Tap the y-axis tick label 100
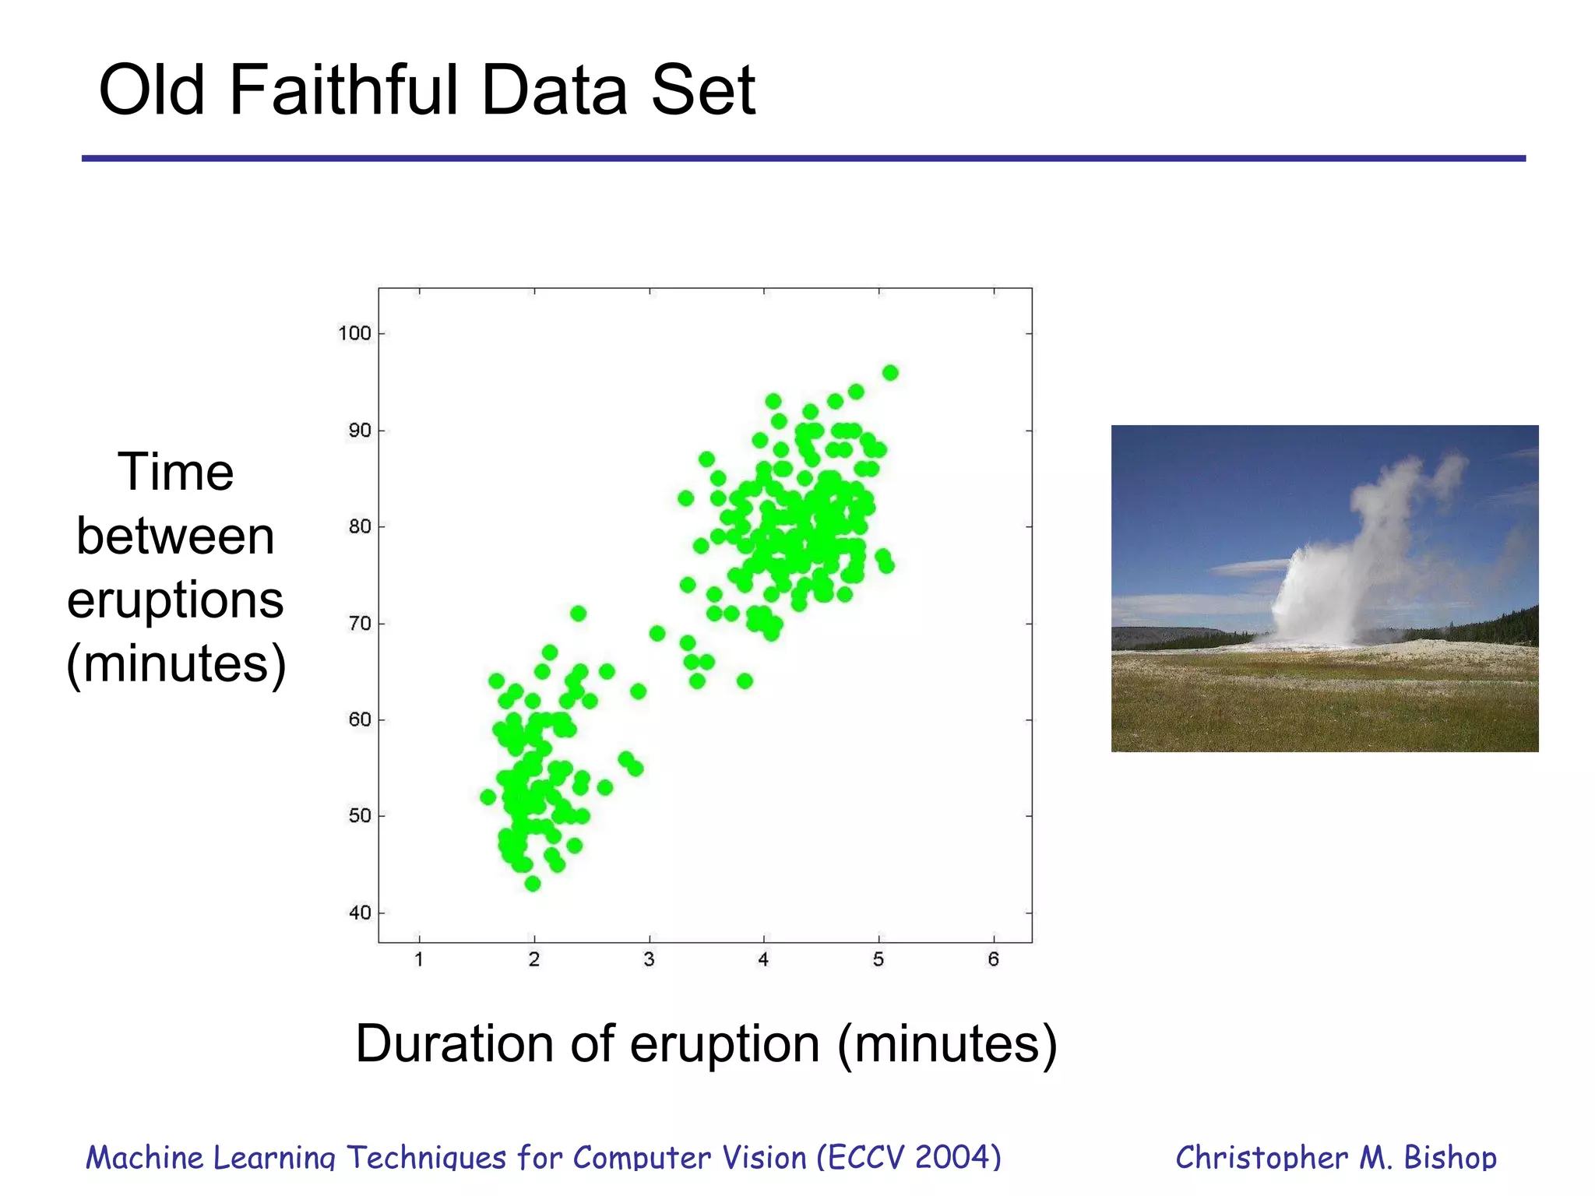(x=354, y=333)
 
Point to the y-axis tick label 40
(x=360, y=913)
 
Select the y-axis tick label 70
(x=360, y=624)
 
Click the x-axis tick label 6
(x=993, y=960)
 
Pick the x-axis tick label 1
(x=419, y=960)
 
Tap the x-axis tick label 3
(x=649, y=960)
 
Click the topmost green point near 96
(x=890, y=373)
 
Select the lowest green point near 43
(x=533, y=884)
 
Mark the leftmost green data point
(x=488, y=797)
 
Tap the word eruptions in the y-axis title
(x=175, y=600)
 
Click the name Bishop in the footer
(x=1450, y=1158)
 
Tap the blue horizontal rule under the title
(x=802, y=158)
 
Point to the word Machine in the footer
(x=145, y=1158)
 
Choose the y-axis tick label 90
(x=360, y=431)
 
